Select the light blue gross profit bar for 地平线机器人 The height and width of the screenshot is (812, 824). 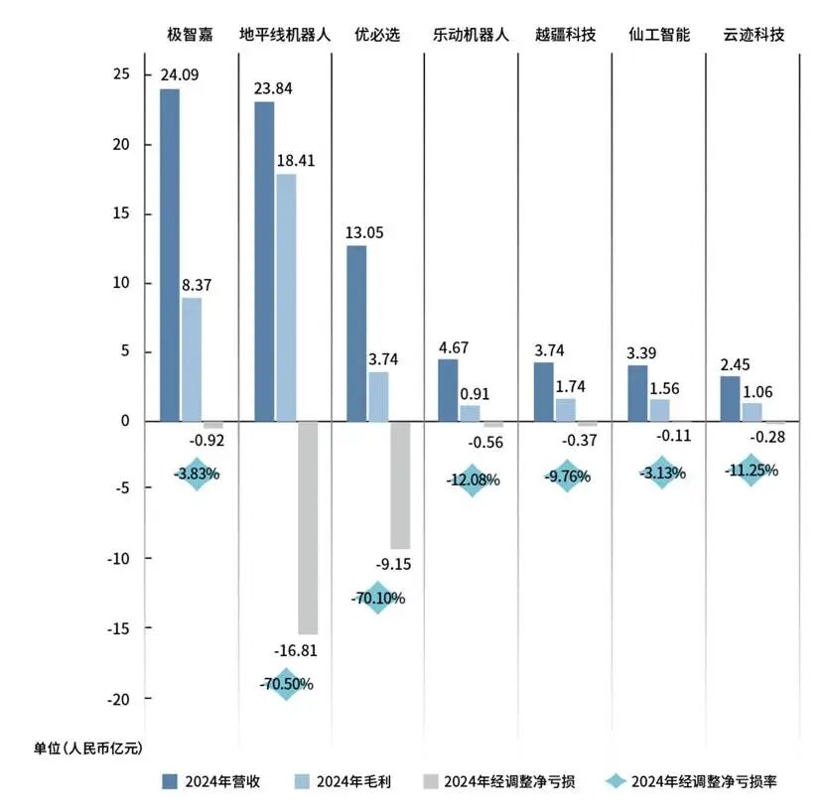click(x=286, y=298)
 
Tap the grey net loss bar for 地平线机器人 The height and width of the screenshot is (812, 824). click(x=308, y=527)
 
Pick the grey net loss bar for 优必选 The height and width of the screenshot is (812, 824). click(x=400, y=484)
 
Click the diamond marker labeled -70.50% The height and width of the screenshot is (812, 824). click(x=286, y=684)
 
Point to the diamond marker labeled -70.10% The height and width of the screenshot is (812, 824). click(x=377, y=599)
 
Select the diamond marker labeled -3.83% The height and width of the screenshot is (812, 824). click(x=196, y=474)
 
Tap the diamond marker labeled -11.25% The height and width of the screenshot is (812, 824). click(x=752, y=470)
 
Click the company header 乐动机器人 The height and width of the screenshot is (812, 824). click(x=471, y=35)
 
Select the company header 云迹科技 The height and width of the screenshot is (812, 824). click(x=755, y=35)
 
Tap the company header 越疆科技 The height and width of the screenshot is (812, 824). click(x=565, y=35)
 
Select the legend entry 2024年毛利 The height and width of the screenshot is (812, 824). click(x=343, y=781)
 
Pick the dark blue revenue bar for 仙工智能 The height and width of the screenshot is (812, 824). click(x=637, y=393)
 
